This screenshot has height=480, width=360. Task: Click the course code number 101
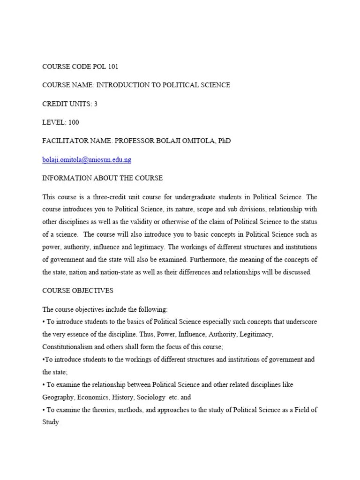113,66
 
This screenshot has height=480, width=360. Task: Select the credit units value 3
96,104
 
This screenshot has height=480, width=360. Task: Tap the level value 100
74,122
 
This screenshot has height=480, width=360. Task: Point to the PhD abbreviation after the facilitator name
224,141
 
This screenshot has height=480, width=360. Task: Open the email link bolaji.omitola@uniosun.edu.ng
87,160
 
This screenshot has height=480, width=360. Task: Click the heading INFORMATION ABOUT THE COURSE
103,178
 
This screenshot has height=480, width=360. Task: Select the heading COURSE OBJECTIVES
78,291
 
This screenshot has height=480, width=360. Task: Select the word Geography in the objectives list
58,397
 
